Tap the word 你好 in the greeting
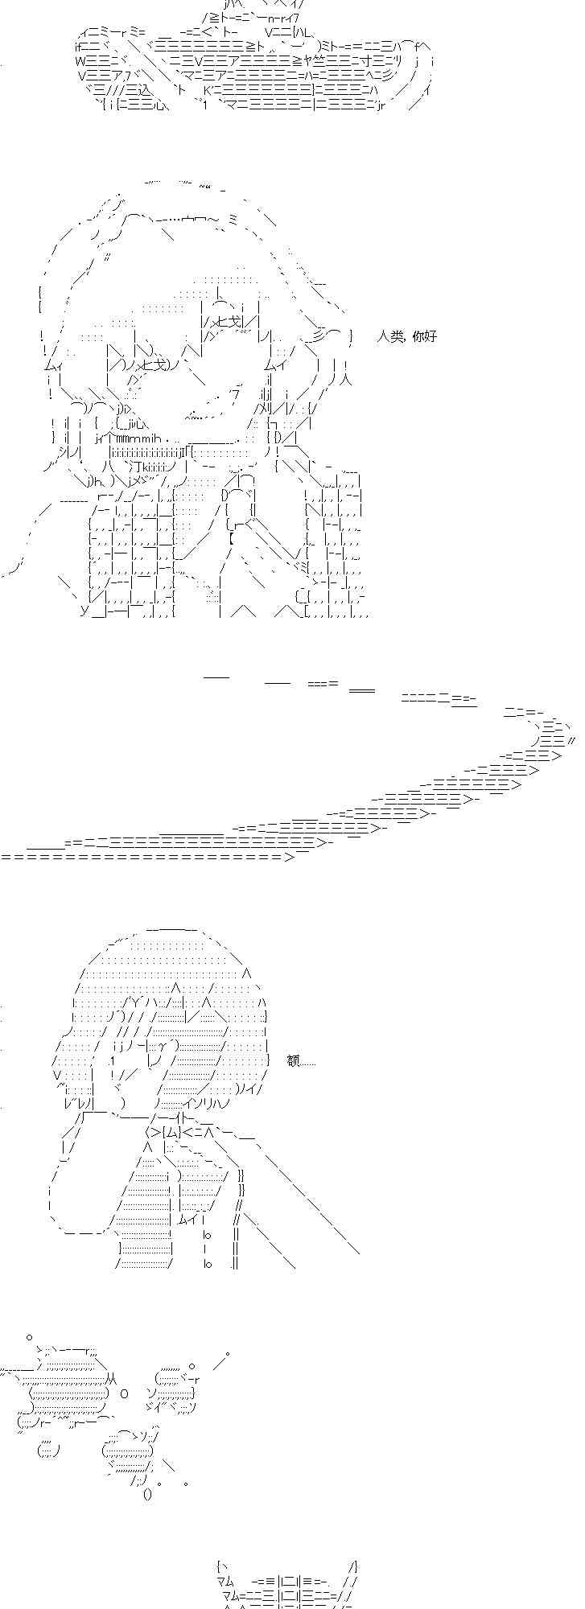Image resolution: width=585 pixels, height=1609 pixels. (x=424, y=336)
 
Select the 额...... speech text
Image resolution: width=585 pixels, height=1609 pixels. (x=301, y=1061)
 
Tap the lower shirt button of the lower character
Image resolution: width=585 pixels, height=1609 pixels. (x=207, y=1264)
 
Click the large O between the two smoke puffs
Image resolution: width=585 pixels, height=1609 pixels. (x=124, y=1393)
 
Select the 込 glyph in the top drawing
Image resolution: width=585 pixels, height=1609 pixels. (x=144, y=90)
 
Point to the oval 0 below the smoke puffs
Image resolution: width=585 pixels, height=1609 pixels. (x=147, y=1495)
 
